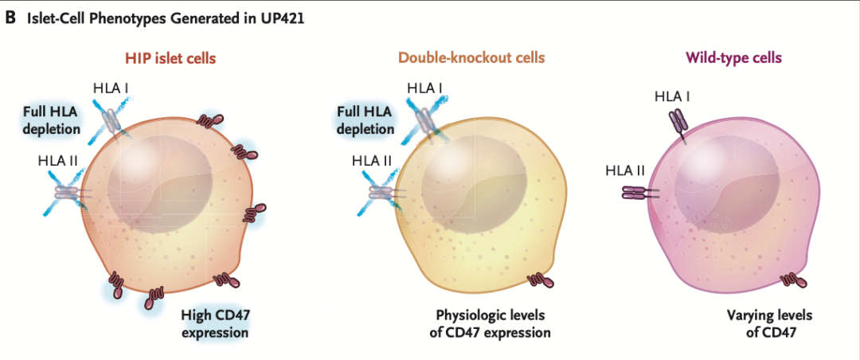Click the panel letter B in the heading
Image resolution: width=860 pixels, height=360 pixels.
10,17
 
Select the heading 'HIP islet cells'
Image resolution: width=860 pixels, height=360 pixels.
170,58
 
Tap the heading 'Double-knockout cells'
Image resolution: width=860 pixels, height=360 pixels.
472,58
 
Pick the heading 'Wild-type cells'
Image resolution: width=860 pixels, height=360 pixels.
733,58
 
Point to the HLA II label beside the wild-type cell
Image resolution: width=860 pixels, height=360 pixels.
625,170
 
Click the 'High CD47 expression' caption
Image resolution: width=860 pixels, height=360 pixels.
215,323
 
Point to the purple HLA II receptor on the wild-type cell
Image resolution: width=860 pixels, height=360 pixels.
639,192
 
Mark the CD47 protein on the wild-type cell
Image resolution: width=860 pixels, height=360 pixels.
791,279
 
